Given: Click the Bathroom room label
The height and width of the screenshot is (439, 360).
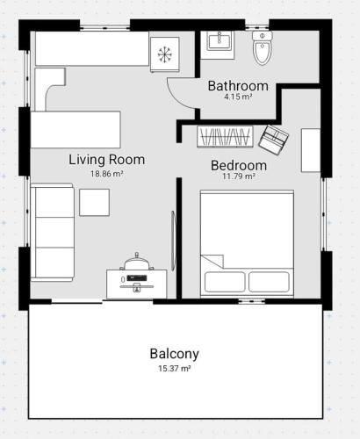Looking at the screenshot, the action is pyautogui.click(x=238, y=86).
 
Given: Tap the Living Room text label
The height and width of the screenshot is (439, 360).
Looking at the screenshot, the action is pyautogui.click(x=107, y=160).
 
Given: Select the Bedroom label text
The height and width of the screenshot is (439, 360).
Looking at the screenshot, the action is pyautogui.click(x=239, y=165).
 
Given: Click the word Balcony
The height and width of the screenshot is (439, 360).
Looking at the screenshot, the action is pyautogui.click(x=175, y=354).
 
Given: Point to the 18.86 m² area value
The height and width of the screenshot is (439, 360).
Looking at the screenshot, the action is pyautogui.click(x=106, y=174).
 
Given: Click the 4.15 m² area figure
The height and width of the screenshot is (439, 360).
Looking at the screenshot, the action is pyautogui.click(x=238, y=97).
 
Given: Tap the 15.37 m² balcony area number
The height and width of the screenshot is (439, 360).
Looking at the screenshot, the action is pyautogui.click(x=175, y=369).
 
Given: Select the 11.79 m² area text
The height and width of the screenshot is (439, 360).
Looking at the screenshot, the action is pyautogui.click(x=239, y=176).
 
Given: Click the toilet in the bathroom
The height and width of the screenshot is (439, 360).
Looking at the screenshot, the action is pyautogui.click(x=263, y=47).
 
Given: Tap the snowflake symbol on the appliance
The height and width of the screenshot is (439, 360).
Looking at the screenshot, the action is pyautogui.click(x=164, y=54).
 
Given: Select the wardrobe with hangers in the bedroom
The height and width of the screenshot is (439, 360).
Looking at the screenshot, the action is pyautogui.click(x=225, y=137).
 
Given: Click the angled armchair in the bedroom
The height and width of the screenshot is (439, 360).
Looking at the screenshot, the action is pyautogui.click(x=274, y=140).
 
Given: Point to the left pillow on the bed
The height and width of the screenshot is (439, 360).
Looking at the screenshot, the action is pyautogui.click(x=225, y=282).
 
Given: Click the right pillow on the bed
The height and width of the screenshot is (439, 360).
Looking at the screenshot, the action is pyautogui.click(x=270, y=282).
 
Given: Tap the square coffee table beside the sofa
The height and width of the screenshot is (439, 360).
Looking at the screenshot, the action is pyautogui.click(x=95, y=203).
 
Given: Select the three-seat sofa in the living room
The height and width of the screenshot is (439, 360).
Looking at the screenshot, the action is pyautogui.click(x=53, y=233).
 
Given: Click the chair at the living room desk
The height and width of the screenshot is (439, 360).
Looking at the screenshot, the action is pyautogui.click(x=137, y=262).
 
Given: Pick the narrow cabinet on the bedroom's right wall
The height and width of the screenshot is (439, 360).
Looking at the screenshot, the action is pyautogui.click(x=311, y=150).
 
